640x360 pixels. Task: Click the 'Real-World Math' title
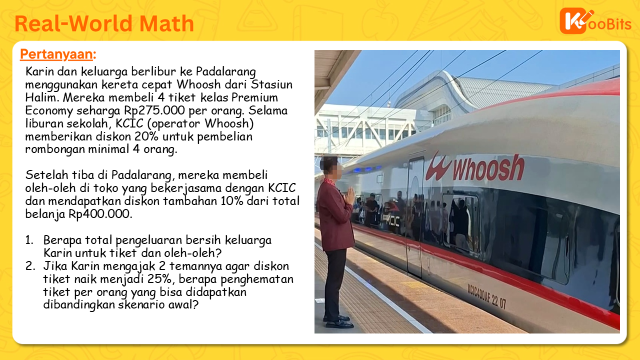[104, 23]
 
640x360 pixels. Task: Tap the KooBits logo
[595, 21]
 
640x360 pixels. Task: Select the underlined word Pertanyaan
[56, 54]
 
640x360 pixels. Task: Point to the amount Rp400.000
[100, 214]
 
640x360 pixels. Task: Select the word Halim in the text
[41, 97]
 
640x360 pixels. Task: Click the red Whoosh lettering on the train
[475, 167]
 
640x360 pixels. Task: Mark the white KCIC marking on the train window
[393, 220]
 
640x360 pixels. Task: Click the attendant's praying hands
[349, 196]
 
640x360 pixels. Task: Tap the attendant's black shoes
[338, 321]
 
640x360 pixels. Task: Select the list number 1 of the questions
[29, 240]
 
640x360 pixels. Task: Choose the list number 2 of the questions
[30, 266]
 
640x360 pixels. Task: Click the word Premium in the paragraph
[254, 97]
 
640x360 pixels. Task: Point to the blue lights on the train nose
[367, 169]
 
